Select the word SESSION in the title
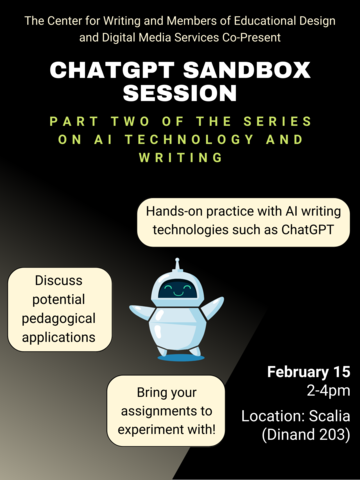pos(180,93)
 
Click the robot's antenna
pos(179,265)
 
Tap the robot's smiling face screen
pos(178,290)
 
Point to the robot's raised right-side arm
pos(212,306)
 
